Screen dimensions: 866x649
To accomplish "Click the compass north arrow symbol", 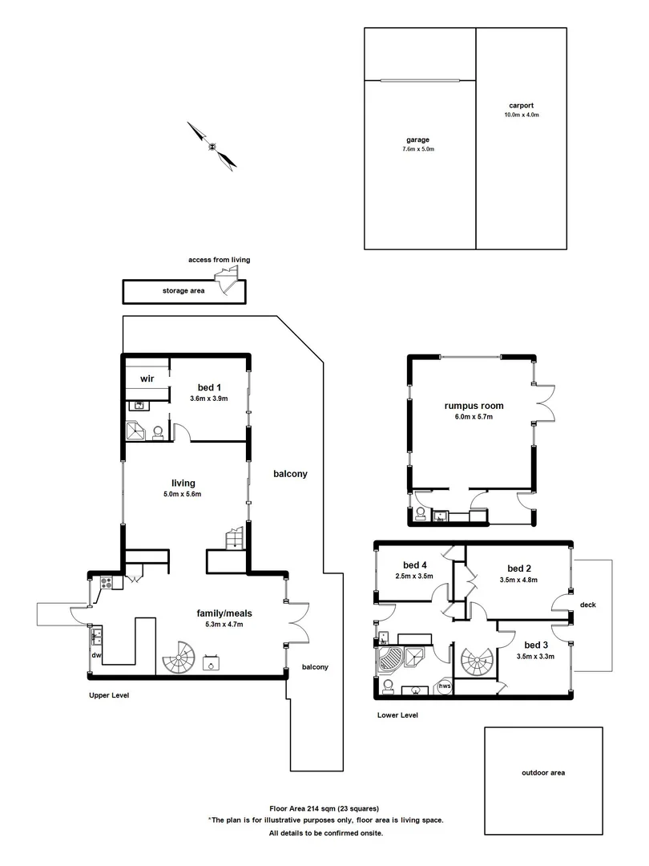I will point(212,146).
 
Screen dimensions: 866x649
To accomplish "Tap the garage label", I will point(417,140).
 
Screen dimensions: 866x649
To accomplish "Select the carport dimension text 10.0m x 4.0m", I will point(522,115).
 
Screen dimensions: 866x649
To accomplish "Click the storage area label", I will point(183,291).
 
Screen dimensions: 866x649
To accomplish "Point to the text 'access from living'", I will point(219,260).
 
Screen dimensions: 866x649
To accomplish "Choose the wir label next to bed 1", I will point(147,378).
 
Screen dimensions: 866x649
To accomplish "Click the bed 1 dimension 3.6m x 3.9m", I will point(209,399).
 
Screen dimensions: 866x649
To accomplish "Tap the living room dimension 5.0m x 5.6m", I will point(183,494).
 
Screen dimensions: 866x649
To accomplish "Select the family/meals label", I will point(220,613).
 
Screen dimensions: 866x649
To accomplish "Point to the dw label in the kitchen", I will point(97,655).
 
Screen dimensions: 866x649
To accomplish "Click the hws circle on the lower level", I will point(444,686).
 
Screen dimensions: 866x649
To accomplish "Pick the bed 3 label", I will point(536,645).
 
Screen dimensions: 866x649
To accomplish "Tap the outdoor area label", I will point(543,773).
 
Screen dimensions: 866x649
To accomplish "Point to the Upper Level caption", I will point(109,695).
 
